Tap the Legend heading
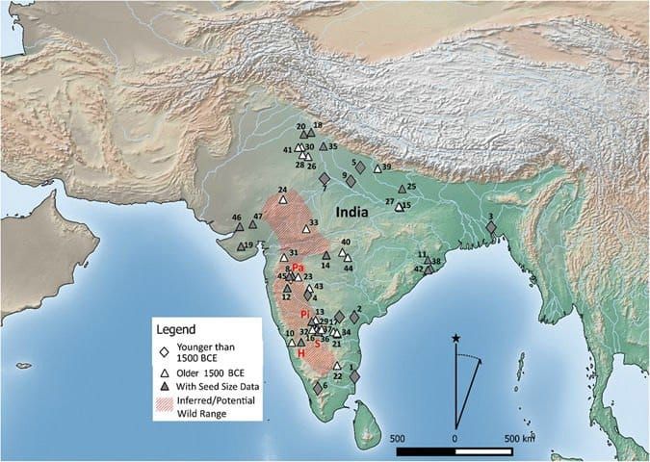click(182, 328)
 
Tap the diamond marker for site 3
click(491, 228)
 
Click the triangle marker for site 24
click(284, 200)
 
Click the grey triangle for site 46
click(240, 227)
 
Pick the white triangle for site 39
click(377, 168)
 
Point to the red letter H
click(300, 355)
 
